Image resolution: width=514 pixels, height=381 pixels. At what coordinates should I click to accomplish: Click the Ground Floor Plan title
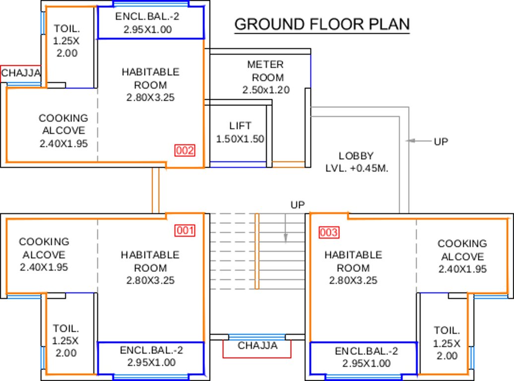click(x=322, y=24)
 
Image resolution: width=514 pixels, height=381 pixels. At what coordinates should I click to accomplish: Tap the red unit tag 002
click(x=185, y=150)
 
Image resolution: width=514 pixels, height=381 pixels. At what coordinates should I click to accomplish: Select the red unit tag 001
click(x=185, y=231)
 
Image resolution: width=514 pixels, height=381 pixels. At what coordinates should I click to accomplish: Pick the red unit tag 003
click(x=329, y=232)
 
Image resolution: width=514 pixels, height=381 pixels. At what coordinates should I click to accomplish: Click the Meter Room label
click(x=266, y=71)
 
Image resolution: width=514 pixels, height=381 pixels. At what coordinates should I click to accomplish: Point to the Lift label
click(x=240, y=126)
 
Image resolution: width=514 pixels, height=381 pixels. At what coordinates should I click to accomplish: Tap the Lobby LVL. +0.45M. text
click(x=356, y=162)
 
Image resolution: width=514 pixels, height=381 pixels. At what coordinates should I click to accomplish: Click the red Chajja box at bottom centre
click(x=257, y=347)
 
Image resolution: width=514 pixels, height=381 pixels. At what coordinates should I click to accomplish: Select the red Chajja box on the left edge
click(x=20, y=73)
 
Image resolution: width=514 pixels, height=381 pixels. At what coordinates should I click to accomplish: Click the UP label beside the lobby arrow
click(x=441, y=141)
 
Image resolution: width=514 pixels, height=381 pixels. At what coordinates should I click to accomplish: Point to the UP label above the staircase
click(x=298, y=204)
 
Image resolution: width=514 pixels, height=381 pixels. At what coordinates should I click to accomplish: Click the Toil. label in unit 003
click(x=447, y=330)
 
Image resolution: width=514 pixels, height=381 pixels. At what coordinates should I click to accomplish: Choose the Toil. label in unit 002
click(x=66, y=28)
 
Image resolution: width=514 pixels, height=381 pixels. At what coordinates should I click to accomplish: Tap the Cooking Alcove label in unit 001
click(x=44, y=248)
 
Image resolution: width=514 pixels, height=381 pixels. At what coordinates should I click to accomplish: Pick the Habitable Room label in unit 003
click(x=353, y=261)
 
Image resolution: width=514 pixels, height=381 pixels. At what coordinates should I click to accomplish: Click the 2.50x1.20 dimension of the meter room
click(x=266, y=90)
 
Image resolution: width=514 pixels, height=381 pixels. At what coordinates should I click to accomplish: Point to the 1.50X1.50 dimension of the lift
click(x=240, y=139)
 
